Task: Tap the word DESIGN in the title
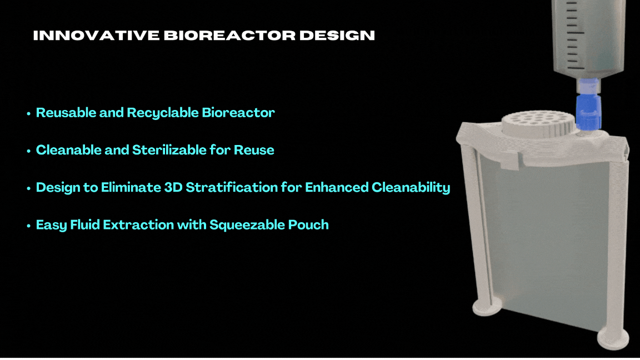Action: point(337,36)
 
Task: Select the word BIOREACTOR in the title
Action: point(229,36)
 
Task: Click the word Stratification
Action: point(232,187)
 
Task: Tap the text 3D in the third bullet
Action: point(173,187)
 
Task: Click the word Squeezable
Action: point(247,225)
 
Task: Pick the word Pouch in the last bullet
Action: point(308,225)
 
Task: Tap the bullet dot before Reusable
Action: point(28,113)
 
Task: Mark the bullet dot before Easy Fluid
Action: point(28,226)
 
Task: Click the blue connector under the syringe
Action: point(588,111)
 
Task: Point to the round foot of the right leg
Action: point(613,338)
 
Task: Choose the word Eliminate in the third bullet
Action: point(131,187)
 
